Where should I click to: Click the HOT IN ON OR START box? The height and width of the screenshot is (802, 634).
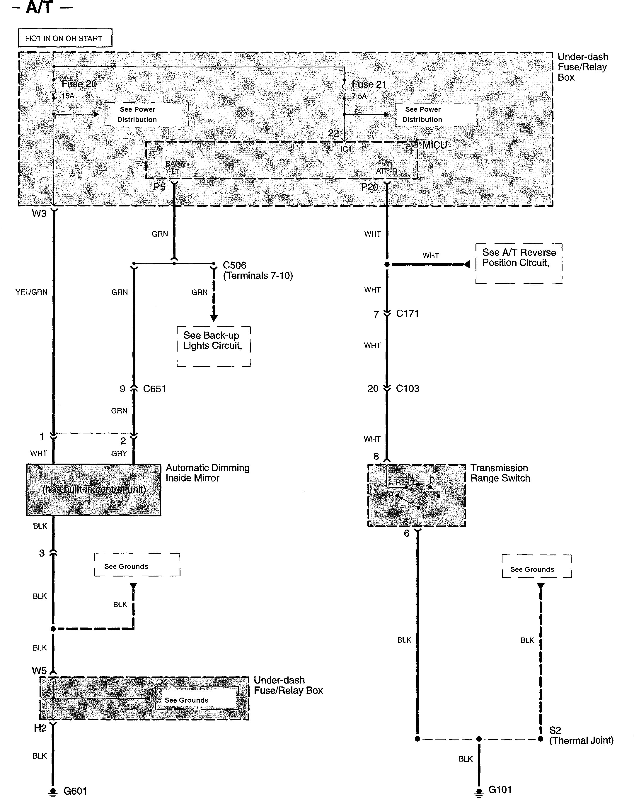point(65,38)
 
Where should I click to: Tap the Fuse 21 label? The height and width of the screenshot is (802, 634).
point(369,84)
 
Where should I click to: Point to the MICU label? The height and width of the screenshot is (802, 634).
point(435,145)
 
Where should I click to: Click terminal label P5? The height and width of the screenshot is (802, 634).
point(159,187)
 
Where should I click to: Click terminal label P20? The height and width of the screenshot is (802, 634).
point(369,187)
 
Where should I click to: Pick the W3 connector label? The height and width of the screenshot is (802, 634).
point(39,213)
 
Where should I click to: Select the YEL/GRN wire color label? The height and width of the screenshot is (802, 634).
point(32,292)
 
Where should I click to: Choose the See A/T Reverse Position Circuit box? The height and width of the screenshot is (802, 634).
point(519,263)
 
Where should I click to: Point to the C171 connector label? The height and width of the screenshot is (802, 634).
point(407,313)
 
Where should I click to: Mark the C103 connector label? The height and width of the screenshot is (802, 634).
point(407,389)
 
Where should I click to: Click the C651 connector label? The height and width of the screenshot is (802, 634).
point(154,389)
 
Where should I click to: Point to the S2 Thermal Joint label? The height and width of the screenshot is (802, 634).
point(581,735)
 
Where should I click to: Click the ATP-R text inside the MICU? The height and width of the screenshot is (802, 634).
point(386,171)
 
